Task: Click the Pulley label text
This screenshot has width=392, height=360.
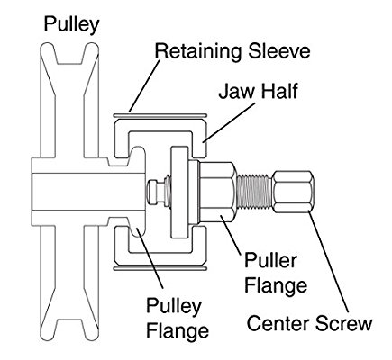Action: (71, 24)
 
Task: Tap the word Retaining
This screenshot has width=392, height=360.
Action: (197, 51)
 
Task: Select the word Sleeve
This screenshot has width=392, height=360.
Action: (279, 50)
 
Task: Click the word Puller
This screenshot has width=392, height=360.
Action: (270, 260)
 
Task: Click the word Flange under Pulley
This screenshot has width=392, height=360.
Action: (178, 330)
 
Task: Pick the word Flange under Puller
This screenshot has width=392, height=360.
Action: (276, 285)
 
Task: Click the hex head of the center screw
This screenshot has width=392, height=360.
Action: (293, 192)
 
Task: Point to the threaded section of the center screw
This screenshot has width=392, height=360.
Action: (254, 193)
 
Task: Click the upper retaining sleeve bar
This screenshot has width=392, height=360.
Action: (160, 115)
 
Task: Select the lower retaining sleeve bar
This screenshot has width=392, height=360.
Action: (160, 268)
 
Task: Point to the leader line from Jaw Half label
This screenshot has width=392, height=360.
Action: (229, 122)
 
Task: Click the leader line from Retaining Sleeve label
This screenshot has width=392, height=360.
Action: (144, 85)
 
